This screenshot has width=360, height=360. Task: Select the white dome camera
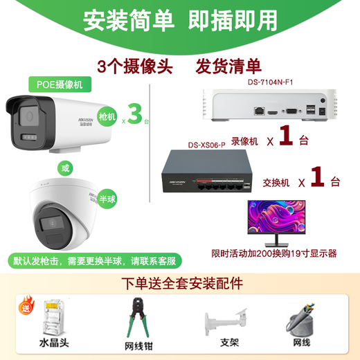tap(65, 215)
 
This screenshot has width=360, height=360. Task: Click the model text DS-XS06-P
tap(208, 145)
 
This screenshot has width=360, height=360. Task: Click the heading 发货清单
tap(228, 66)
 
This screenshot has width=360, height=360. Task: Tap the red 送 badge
tap(28, 307)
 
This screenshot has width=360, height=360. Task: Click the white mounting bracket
tap(224, 319)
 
